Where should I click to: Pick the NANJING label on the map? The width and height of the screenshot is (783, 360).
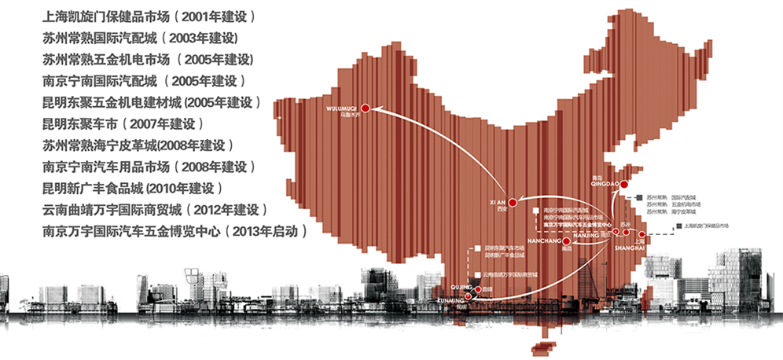click(x=592, y=235)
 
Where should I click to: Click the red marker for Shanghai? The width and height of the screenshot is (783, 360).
click(x=642, y=235)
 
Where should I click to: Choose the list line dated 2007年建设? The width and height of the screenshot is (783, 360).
click(x=123, y=123)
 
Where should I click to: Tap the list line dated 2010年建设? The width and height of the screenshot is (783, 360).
click(x=134, y=189)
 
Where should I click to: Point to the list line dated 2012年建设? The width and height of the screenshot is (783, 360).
click(x=156, y=210)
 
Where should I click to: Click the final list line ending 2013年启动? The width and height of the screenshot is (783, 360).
click(x=174, y=232)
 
